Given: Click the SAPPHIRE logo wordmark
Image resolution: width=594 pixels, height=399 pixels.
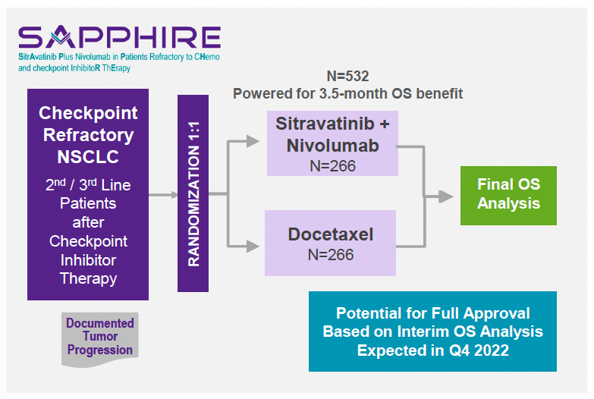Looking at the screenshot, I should (x=119, y=36).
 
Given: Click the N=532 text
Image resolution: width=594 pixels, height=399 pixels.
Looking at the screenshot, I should (x=347, y=76).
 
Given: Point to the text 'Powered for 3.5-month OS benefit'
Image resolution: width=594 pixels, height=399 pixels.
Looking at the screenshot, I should (x=347, y=93).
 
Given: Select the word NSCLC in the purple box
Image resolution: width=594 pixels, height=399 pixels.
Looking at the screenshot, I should (x=88, y=157).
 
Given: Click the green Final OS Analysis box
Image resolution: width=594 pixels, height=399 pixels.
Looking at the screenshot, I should (x=508, y=194).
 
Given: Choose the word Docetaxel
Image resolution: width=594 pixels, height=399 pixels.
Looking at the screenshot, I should (x=330, y=234).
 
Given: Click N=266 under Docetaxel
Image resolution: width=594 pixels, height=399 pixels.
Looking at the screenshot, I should (x=330, y=255).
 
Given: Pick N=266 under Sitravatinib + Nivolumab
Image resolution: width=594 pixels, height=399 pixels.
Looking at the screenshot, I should (x=332, y=165).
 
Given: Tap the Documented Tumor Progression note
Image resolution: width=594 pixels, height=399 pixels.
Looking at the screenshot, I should (x=99, y=337).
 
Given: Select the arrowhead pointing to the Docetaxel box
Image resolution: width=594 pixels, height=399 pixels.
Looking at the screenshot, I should (x=256, y=245).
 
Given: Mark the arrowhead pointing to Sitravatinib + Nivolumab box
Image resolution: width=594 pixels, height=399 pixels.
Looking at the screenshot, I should (x=256, y=141).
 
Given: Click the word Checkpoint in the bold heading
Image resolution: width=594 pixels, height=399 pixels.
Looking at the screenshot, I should (x=88, y=113).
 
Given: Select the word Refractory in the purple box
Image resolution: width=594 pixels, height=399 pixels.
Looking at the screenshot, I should (x=88, y=135).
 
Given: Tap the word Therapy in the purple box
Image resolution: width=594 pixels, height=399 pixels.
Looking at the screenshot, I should (x=88, y=278).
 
